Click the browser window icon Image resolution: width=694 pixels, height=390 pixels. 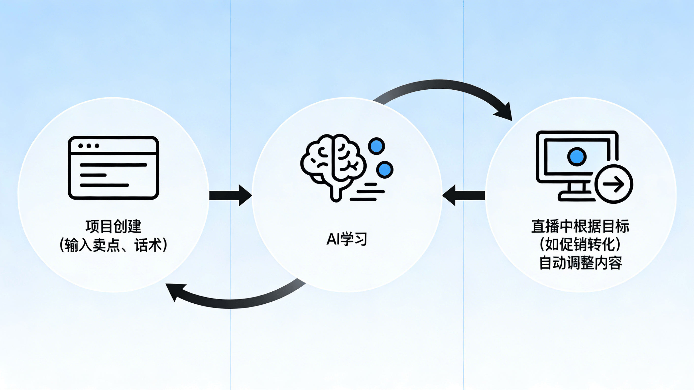pyautogui.click(x=113, y=168)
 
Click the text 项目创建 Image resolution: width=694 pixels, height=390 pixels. pyautogui.click(x=113, y=227)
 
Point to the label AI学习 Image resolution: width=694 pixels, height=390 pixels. pyautogui.click(x=347, y=239)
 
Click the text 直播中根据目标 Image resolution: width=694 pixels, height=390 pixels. pyautogui.click(x=581, y=227)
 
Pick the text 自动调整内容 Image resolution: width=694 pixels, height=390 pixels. pyautogui.click(x=581, y=263)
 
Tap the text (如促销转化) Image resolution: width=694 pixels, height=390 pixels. pyautogui.click(x=581, y=245)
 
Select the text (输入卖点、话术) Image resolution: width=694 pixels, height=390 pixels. pyautogui.click(x=113, y=245)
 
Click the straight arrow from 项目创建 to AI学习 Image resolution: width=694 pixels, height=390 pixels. pyautogui.click(x=230, y=195)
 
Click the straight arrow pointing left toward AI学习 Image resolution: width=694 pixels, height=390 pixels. pyautogui.click(x=463, y=195)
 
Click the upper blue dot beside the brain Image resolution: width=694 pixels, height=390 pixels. pyautogui.click(x=376, y=146)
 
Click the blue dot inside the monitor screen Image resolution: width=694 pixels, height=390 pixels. pyautogui.click(x=577, y=157)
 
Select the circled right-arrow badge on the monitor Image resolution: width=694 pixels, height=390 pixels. pyautogui.click(x=613, y=184)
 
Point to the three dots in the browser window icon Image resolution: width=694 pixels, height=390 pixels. pyautogui.click(x=89, y=146)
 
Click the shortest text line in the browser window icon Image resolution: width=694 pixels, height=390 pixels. pyautogui.click(x=93, y=175)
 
